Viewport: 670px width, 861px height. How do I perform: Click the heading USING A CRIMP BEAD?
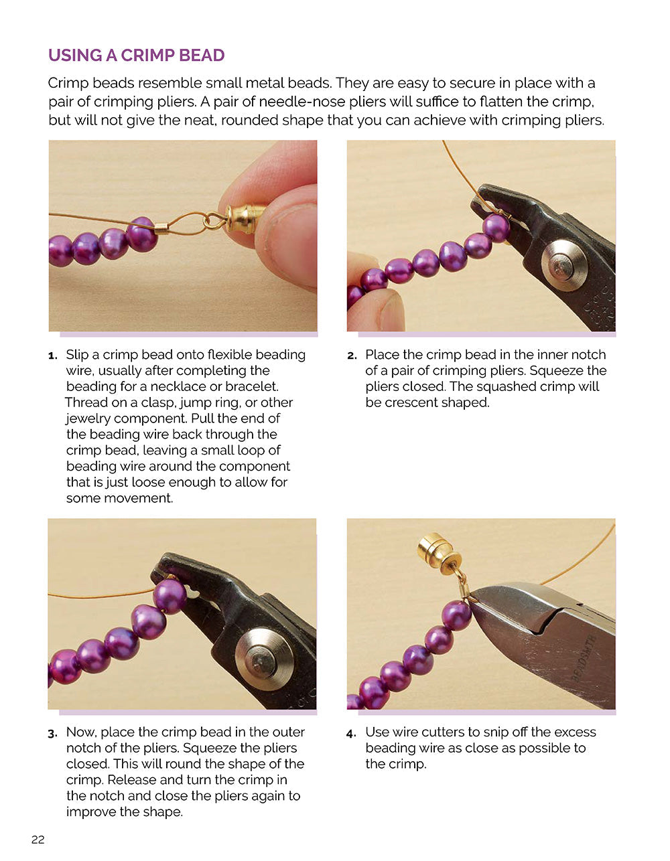pos(136,55)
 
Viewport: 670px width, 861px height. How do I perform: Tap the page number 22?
pos(38,840)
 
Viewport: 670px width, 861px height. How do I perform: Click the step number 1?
pos(52,356)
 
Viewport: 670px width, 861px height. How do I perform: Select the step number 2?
pos(352,356)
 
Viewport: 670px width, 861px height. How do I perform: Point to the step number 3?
pos(52,733)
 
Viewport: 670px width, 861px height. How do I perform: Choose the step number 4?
pos(352,733)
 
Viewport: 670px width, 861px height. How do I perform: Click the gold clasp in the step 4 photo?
pos(435,552)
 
